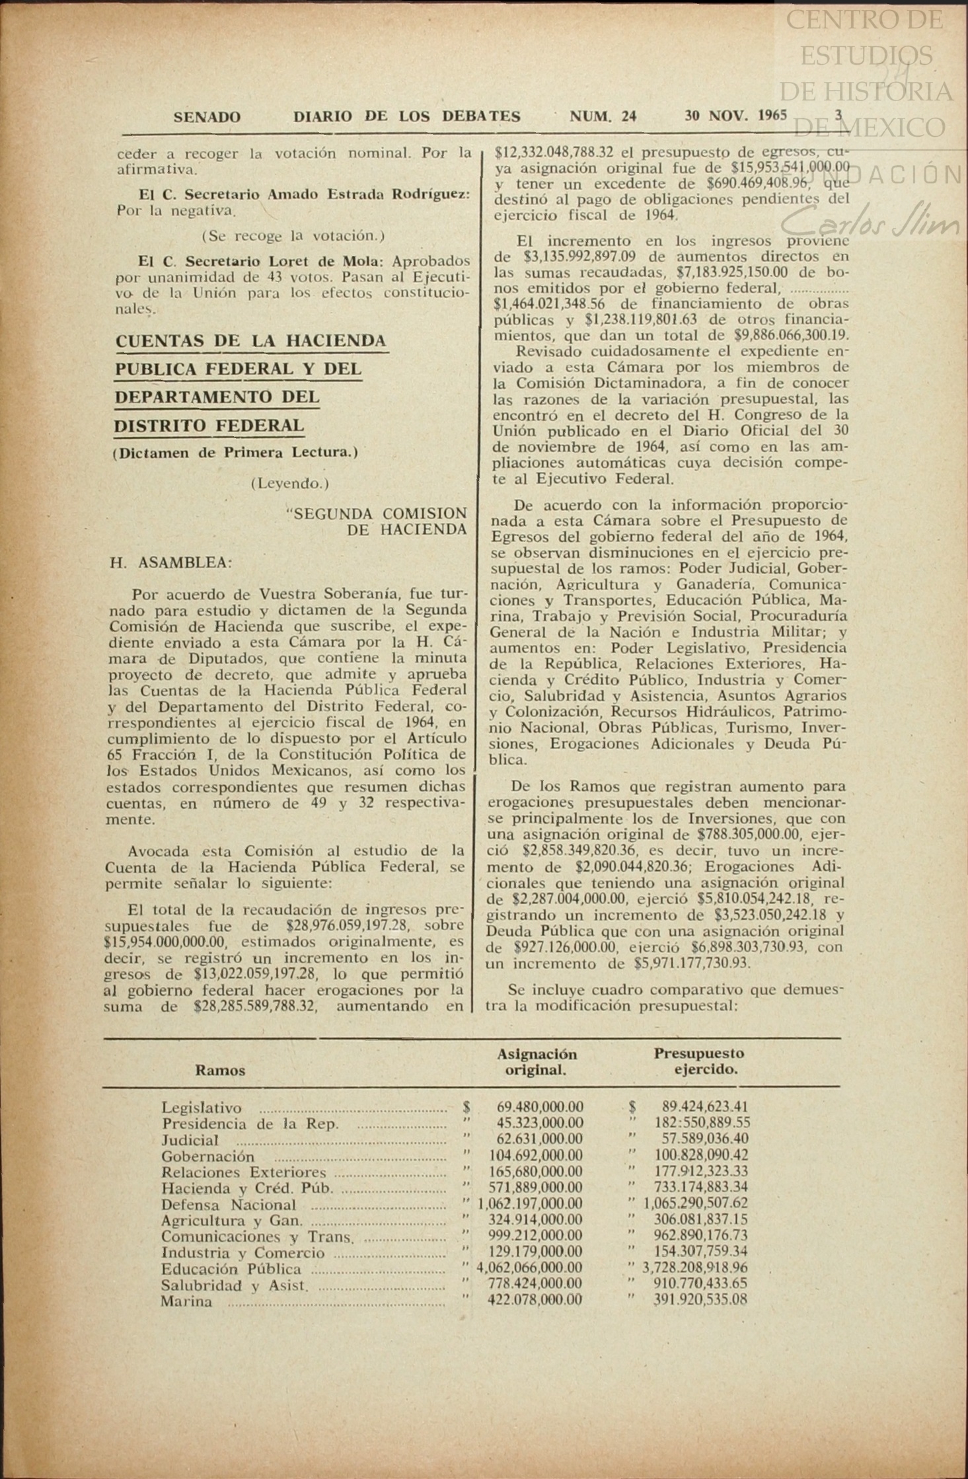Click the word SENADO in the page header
coord(207,118)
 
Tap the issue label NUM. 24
coord(603,117)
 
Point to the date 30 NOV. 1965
coord(735,116)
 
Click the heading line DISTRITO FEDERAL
coord(209,426)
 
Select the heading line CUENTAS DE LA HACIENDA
coord(251,342)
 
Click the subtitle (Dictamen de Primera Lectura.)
coord(235,453)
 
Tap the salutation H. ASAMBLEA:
coord(170,563)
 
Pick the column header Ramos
coord(220,1070)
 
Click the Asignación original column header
coord(537,1061)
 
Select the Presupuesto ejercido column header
coord(698,1061)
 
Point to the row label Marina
coord(186,1301)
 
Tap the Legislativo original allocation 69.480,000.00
coord(540,1107)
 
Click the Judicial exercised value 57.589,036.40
coord(706,1139)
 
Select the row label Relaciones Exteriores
coord(244,1172)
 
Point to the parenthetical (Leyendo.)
coord(289,484)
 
